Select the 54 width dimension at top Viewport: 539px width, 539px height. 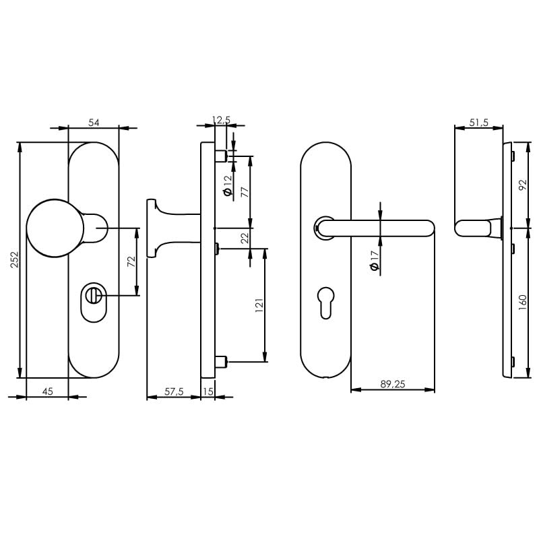pos(94,122)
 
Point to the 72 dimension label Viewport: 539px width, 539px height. pos(132,261)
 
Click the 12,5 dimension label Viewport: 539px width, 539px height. pos(221,120)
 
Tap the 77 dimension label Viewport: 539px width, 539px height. pos(245,192)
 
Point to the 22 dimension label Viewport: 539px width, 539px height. pos(245,237)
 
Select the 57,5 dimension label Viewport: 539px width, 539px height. pos(174,391)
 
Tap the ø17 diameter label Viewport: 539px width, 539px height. pos(375,261)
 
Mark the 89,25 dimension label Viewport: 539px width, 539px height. pos(392,384)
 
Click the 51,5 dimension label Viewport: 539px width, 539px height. pos(478,122)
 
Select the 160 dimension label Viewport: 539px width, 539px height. pos(523,301)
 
